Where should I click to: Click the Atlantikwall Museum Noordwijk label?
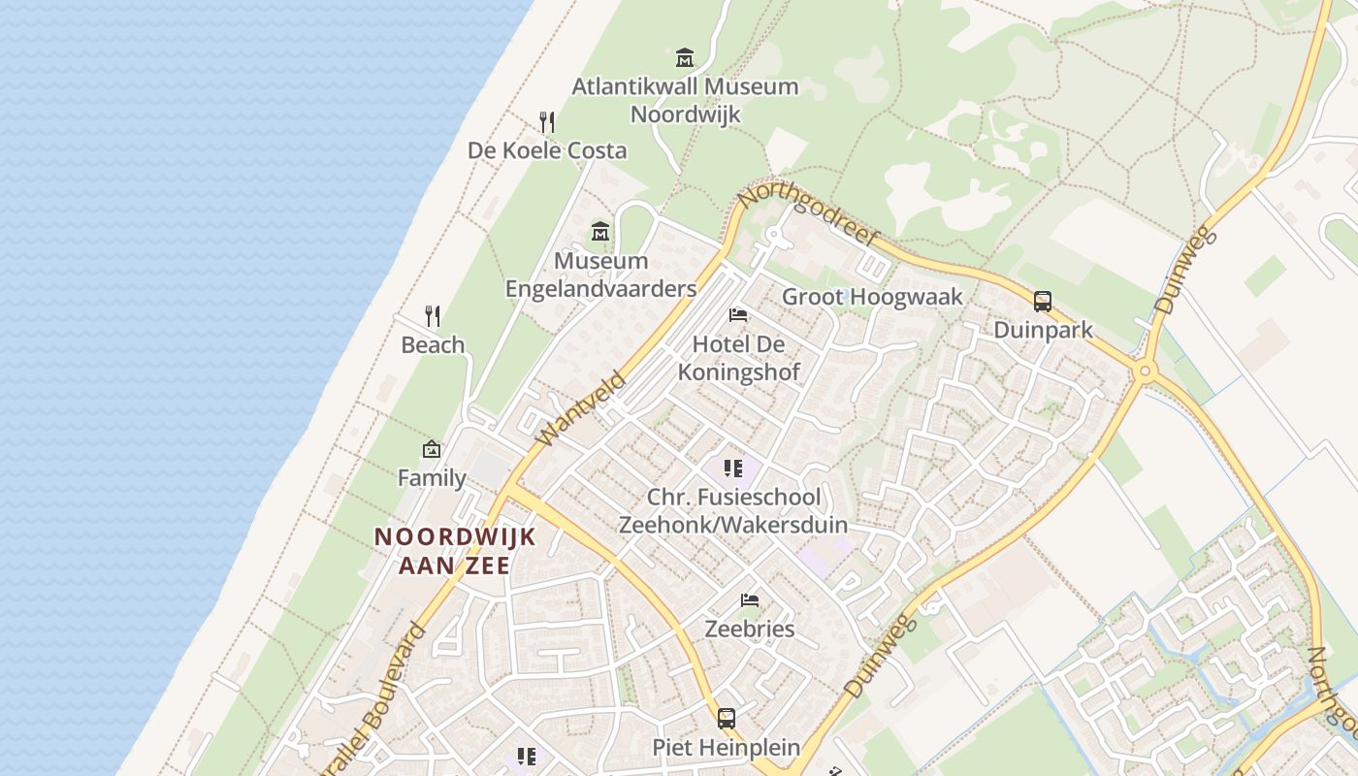click(685, 100)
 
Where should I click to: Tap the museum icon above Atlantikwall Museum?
click(685, 57)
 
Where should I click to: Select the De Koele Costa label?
click(547, 150)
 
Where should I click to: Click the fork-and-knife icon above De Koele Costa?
click(547, 122)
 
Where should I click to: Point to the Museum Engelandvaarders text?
click(601, 275)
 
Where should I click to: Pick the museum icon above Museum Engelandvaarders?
click(600, 232)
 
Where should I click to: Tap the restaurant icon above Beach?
click(433, 315)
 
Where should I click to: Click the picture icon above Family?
click(432, 449)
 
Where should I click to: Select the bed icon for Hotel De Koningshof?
click(738, 315)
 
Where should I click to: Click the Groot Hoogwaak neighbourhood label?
click(873, 297)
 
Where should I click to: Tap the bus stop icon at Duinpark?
click(1043, 302)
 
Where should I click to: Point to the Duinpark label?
click(1043, 330)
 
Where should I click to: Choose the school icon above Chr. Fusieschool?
click(733, 469)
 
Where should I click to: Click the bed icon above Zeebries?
click(750, 600)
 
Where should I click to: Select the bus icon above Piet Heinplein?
click(727, 719)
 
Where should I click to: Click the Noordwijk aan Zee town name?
click(455, 550)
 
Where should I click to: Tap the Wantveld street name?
click(582, 407)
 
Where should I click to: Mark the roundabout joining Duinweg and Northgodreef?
click(1146, 371)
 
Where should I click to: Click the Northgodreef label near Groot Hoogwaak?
click(807, 215)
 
